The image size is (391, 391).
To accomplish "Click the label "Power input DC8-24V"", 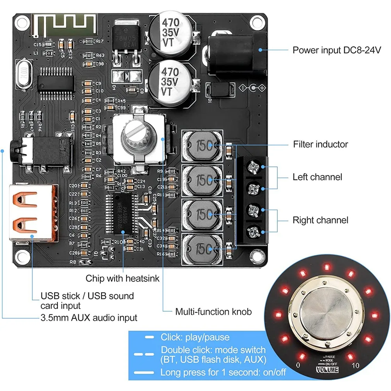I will pos(336,50).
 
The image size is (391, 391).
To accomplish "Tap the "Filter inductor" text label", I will pos(320,145).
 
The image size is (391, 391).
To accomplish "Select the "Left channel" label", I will pos(317,177).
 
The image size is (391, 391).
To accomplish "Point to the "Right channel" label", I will pos(320,220).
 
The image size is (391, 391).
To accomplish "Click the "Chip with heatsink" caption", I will pos(122,279).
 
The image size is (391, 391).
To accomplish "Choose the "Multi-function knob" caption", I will pos(213,312).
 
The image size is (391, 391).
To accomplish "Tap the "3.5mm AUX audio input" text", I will pos(89,318).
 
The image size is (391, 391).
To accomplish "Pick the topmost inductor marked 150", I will pos(203,146).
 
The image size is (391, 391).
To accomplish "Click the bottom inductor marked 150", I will pos(203,248).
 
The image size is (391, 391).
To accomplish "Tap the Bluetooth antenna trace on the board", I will pos(64,24).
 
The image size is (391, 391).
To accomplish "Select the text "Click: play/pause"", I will pos(195,337).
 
